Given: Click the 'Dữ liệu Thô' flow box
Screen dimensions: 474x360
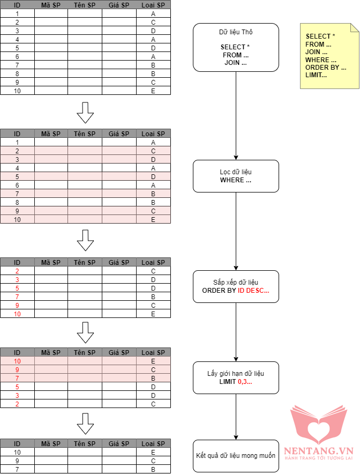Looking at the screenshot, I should click(x=236, y=47).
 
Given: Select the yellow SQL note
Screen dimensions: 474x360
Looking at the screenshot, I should click(x=328, y=56).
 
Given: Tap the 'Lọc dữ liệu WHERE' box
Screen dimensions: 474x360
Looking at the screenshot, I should click(x=236, y=176).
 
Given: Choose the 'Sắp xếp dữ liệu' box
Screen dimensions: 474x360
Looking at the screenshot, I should click(x=236, y=286).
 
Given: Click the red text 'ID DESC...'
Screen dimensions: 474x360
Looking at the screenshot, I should click(x=253, y=291).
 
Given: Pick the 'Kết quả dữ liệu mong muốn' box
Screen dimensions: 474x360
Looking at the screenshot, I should click(x=236, y=456).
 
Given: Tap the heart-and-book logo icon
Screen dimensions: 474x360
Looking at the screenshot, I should click(x=318, y=424).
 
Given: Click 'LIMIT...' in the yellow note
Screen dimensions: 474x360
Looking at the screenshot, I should click(x=316, y=75).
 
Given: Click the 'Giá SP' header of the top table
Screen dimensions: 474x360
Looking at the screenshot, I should click(x=119, y=5).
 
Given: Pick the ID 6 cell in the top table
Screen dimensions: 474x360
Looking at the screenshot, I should click(x=17, y=56).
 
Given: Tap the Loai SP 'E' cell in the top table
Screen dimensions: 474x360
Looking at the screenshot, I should click(x=153, y=91).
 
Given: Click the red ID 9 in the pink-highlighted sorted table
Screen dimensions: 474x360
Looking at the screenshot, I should click(x=17, y=369).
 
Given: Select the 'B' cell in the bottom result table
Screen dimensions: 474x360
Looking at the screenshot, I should click(x=153, y=469).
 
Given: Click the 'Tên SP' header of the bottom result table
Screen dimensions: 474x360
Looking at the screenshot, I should click(x=85, y=443).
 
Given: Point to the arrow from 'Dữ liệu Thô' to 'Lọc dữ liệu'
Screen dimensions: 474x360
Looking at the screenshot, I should click(x=236, y=115).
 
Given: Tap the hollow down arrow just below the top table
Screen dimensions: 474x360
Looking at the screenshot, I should click(x=85, y=112).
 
